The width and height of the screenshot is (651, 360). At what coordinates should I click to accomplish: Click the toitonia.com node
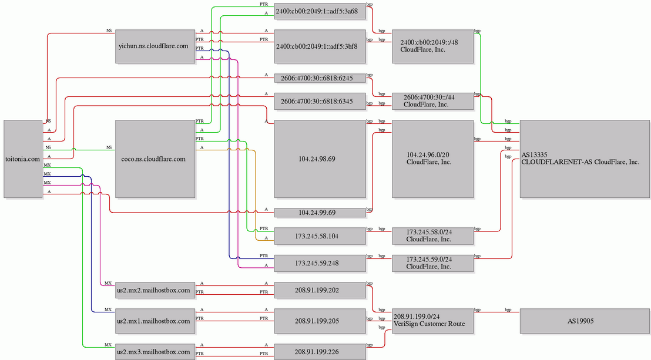click(x=23, y=159)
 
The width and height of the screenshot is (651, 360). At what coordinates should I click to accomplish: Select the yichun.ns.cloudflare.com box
click(x=155, y=46)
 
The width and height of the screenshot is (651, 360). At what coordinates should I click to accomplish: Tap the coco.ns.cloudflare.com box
click(x=155, y=159)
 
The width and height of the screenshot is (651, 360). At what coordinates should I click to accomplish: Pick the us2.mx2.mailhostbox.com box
click(x=155, y=290)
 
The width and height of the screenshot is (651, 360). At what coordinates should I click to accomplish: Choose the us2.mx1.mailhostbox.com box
click(x=155, y=321)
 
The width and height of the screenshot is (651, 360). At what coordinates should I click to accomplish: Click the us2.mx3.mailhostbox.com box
click(x=155, y=352)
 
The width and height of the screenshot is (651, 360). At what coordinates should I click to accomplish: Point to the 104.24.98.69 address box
click(x=320, y=159)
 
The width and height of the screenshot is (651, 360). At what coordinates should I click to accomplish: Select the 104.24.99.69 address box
click(x=320, y=213)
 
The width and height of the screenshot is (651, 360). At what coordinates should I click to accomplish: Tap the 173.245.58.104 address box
click(x=320, y=236)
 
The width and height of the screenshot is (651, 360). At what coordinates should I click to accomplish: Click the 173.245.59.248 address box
click(x=320, y=263)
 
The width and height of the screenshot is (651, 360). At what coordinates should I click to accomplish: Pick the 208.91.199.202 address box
click(x=320, y=290)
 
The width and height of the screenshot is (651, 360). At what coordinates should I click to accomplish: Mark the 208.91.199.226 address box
click(x=320, y=352)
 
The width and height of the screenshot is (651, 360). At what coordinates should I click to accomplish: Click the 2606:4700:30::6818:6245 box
click(x=320, y=78)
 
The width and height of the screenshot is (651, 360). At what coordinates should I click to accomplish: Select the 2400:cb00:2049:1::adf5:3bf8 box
click(x=320, y=46)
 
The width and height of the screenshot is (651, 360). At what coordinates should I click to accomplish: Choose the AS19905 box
click(x=585, y=321)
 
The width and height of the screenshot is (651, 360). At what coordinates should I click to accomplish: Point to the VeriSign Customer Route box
click(x=432, y=321)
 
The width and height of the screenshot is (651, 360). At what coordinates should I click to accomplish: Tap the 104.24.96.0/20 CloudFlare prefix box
click(x=432, y=159)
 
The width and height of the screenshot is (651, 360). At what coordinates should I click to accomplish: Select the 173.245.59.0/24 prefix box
click(x=432, y=263)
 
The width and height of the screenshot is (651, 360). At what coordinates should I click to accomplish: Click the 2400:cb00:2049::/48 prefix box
click(x=432, y=46)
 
